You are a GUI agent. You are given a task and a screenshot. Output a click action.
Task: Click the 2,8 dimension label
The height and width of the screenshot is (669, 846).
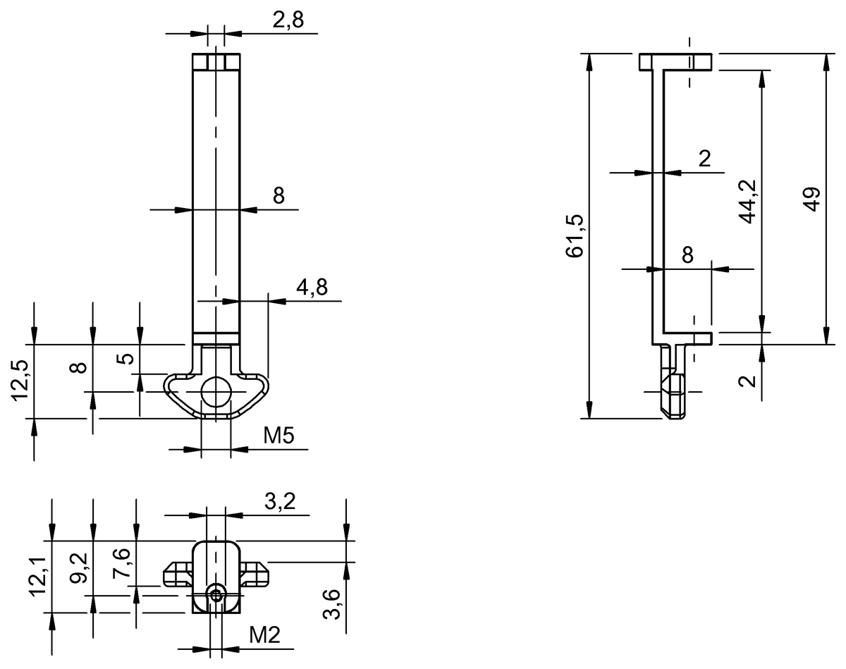click(x=288, y=20)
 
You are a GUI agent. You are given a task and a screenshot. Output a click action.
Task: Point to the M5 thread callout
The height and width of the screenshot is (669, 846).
click(x=278, y=436)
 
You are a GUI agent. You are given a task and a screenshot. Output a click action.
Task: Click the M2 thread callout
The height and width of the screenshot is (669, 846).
click(x=265, y=636)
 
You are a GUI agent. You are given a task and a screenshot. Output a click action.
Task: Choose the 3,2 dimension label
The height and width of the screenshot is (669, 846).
click(x=280, y=502)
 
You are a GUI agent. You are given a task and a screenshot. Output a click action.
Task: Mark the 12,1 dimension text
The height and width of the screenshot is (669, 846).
click(x=40, y=575)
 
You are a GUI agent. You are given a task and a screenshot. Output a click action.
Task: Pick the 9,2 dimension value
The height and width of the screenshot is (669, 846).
click(x=80, y=568)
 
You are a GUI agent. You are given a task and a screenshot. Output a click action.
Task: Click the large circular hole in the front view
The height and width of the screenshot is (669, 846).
click(x=216, y=392)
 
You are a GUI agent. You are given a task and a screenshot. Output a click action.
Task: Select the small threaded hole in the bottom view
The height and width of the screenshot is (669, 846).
click(x=216, y=596)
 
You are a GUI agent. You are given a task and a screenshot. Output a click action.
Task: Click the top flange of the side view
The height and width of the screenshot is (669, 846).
click(x=675, y=62)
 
